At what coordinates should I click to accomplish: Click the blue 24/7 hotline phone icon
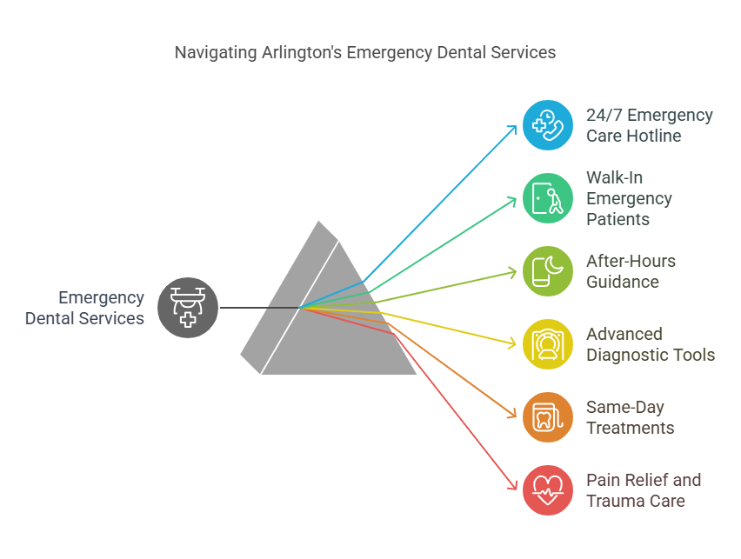(548, 125)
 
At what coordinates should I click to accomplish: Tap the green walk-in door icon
(548, 198)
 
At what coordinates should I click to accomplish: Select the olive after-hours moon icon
(548, 271)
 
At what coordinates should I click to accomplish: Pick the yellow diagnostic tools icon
(548, 344)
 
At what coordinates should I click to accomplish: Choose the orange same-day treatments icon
(548, 417)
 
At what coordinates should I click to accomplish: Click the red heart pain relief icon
(548, 490)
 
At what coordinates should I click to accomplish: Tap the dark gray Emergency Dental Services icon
(188, 308)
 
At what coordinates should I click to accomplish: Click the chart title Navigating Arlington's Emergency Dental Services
(365, 52)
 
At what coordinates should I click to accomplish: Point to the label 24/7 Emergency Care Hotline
(650, 125)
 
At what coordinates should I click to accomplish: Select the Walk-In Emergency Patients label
(629, 198)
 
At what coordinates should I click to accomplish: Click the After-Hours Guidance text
(631, 271)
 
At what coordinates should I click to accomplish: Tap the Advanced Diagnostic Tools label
(651, 344)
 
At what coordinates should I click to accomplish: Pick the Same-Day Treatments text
(631, 417)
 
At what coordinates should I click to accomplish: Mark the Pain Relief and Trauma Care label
(643, 490)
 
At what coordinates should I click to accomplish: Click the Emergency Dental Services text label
(84, 308)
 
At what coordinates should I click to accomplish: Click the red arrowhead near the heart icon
(513, 488)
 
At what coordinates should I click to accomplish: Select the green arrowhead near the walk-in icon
(514, 200)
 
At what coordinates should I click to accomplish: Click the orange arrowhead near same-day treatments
(513, 416)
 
